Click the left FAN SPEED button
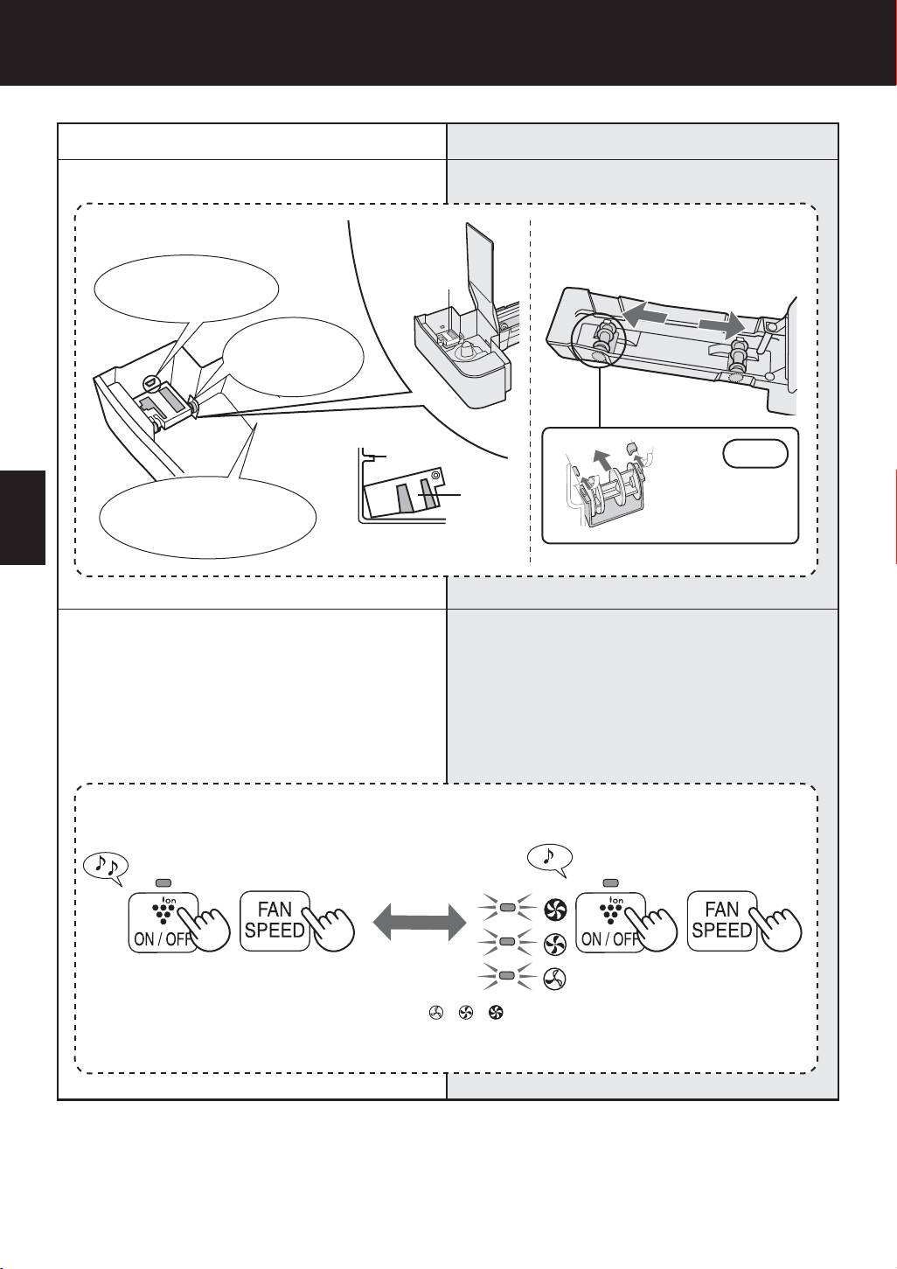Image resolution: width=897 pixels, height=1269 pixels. pos(275,920)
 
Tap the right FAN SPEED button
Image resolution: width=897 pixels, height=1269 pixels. pos(721,920)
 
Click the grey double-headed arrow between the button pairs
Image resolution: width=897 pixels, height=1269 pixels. pos(419,924)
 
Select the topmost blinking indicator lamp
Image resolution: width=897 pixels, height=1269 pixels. pos(505,909)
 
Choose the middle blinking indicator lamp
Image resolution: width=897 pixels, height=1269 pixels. pos(505,942)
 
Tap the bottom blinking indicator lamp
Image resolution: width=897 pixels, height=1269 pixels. pos(505,975)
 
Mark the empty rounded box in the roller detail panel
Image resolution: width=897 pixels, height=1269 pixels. pos(755,454)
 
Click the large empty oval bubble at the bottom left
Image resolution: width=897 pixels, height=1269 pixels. pos(206,517)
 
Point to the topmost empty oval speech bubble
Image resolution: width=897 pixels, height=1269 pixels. pos(186,285)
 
